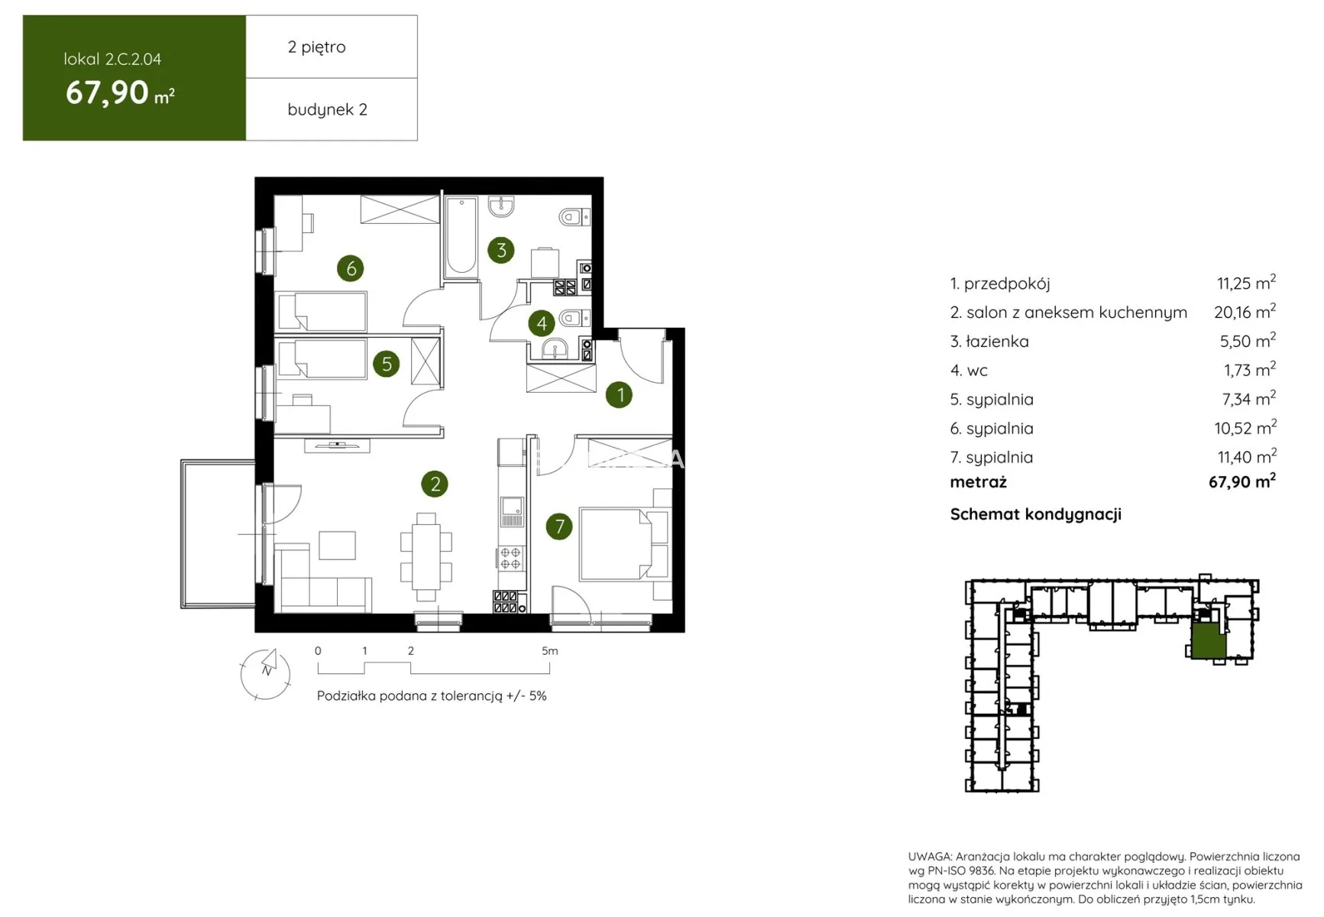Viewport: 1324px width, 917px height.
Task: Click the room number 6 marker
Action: [x=351, y=268]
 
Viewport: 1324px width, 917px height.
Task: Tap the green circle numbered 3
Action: [x=501, y=250]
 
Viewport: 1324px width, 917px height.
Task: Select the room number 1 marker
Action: [x=620, y=394]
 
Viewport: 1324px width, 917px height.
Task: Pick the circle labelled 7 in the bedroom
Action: [x=559, y=526]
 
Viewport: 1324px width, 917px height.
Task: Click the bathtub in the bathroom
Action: [x=461, y=236]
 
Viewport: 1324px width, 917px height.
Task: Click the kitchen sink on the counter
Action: [x=511, y=510]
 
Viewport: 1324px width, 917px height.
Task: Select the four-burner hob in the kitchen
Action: [x=511, y=559]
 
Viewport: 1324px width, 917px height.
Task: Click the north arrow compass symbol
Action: [x=266, y=673]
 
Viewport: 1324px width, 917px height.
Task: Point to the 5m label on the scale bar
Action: [x=550, y=651]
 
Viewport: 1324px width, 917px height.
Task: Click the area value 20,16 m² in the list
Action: [x=1245, y=312]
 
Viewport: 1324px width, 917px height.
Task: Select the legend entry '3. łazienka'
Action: [x=989, y=342]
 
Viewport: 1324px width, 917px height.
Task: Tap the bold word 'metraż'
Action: [x=979, y=482]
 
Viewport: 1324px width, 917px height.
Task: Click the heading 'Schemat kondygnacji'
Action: [x=1035, y=514]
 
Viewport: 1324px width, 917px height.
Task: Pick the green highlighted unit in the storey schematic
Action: [x=1209, y=641]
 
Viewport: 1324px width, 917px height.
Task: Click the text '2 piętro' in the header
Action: [x=316, y=47]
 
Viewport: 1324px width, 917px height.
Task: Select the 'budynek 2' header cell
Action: [x=332, y=109]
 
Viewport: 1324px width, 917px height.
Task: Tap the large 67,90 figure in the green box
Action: [x=107, y=92]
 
